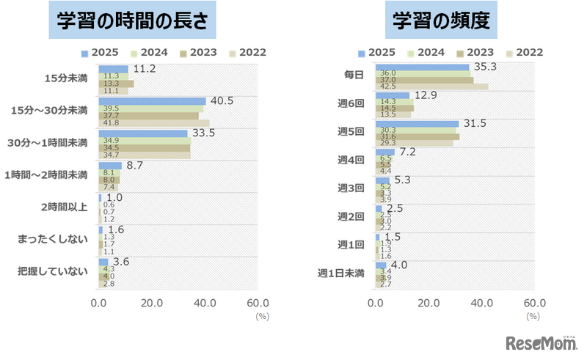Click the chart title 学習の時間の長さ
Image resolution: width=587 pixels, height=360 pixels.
point(138,22)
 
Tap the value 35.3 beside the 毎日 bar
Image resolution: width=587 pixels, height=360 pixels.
point(486,66)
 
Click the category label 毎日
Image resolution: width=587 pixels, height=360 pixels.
point(354,75)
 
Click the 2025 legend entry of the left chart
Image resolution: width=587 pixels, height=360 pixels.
point(100,53)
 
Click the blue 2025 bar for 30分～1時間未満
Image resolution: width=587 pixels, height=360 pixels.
point(143,133)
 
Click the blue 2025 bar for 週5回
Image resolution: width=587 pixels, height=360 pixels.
point(417,124)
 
